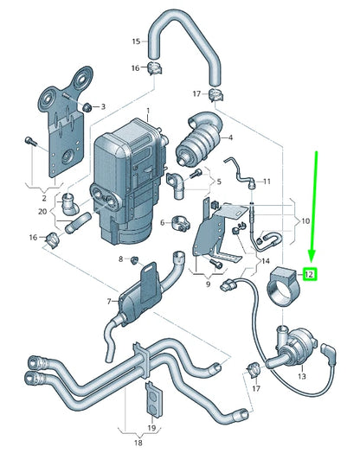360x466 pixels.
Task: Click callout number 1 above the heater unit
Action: click(147, 111)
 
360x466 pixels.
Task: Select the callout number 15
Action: click(135, 41)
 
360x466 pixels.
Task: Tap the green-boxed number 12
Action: click(310, 274)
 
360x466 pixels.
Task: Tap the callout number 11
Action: click(267, 182)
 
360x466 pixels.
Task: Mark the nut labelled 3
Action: click(87, 106)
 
